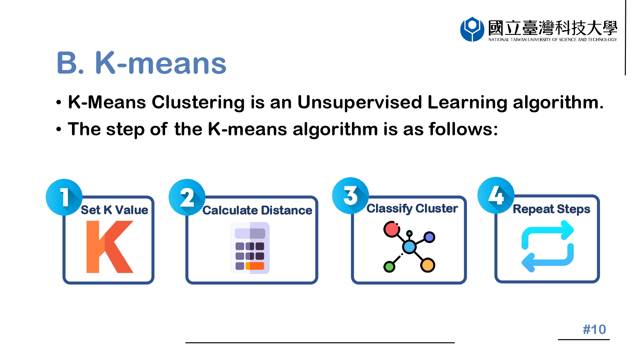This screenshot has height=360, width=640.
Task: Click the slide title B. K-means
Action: pyautogui.click(x=141, y=63)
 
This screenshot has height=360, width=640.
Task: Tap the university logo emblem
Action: pyautogui.click(x=472, y=29)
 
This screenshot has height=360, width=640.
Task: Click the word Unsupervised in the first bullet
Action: pyautogui.click(x=359, y=102)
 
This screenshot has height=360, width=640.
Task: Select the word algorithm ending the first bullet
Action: pyautogui.click(x=558, y=102)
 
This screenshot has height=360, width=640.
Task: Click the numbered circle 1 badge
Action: pyautogui.click(x=64, y=197)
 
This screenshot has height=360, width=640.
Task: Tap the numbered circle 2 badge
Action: pyautogui.click(x=187, y=197)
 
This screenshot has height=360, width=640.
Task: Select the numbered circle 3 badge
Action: pyautogui.click(x=351, y=196)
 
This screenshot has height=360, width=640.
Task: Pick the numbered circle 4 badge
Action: pyautogui.click(x=496, y=195)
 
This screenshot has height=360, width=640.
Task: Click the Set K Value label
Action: pyautogui.click(x=115, y=210)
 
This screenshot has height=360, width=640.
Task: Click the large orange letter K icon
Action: pyautogui.click(x=110, y=247)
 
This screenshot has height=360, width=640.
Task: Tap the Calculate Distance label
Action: pyautogui.click(x=257, y=210)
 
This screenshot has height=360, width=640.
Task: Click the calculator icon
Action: pyautogui.click(x=250, y=248)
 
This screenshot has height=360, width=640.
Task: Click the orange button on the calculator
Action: pyautogui.click(x=255, y=266)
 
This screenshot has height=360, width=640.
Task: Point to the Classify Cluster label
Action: pyautogui.click(x=412, y=209)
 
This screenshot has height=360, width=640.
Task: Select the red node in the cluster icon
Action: pyautogui.click(x=392, y=229)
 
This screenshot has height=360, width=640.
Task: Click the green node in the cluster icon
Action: pyautogui.click(x=389, y=266)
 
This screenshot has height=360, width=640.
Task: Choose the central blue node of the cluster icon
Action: pyautogui.click(x=409, y=247)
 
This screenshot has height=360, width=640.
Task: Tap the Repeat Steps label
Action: pyautogui.click(x=551, y=209)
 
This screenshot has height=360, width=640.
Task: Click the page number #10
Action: pyautogui.click(x=594, y=329)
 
